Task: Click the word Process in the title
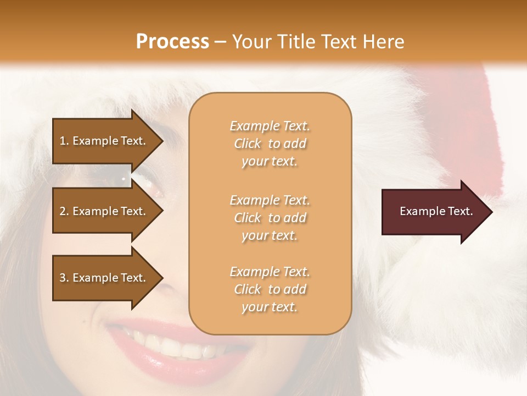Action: (172, 41)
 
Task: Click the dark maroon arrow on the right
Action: (434, 212)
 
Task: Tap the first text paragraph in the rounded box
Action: (270, 144)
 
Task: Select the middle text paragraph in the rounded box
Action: (270, 218)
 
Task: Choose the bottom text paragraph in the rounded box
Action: (270, 289)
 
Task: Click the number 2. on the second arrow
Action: (64, 211)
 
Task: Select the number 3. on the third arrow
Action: (64, 278)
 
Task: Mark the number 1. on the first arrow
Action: (64, 141)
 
